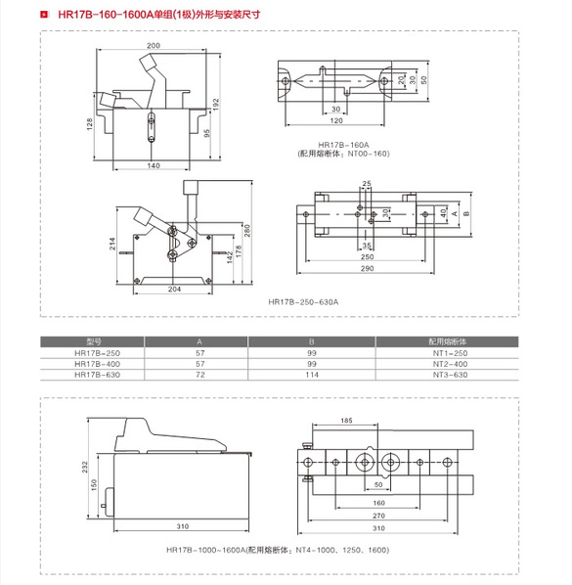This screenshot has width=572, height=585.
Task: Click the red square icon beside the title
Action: (44, 15)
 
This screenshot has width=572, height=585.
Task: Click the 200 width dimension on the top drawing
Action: (154, 46)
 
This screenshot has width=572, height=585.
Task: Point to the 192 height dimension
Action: (216, 104)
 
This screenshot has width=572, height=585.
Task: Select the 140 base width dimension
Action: (154, 165)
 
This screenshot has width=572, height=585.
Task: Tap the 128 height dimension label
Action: (90, 124)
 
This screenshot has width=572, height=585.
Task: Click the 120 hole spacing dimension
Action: (336, 120)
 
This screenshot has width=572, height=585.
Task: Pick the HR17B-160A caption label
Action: (343, 145)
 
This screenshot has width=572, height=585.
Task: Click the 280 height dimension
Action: (246, 230)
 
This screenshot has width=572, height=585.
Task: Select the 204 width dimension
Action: (174, 290)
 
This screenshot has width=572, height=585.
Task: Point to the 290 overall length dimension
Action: (368, 268)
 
